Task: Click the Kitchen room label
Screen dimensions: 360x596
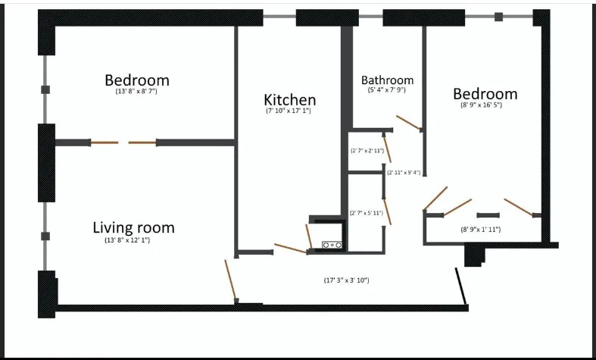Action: pos(289,100)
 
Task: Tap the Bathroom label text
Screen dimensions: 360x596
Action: pos(387,80)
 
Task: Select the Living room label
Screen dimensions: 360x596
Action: pos(133,227)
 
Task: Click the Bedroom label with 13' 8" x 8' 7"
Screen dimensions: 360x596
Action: pos(136,80)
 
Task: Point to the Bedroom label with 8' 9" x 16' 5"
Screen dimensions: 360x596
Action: pos(485,94)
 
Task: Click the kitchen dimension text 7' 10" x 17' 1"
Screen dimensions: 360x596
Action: pos(289,111)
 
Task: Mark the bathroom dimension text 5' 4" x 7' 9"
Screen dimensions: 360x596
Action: pos(387,90)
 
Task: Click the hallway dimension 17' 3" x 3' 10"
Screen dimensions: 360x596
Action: pos(346,280)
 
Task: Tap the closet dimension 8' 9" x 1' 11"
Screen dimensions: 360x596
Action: pos(481,229)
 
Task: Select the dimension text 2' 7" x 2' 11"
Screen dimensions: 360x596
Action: pos(367,151)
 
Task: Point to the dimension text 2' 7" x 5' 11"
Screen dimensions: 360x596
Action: pos(366,213)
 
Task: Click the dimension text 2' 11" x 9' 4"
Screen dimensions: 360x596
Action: pos(404,173)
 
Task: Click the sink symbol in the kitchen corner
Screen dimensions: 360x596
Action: pos(332,245)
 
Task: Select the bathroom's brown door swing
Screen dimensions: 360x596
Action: pos(408,124)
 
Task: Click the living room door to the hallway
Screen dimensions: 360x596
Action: pos(230,280)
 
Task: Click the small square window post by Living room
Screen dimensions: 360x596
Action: pos(45,236)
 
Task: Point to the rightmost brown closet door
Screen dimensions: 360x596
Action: pos(520,206)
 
